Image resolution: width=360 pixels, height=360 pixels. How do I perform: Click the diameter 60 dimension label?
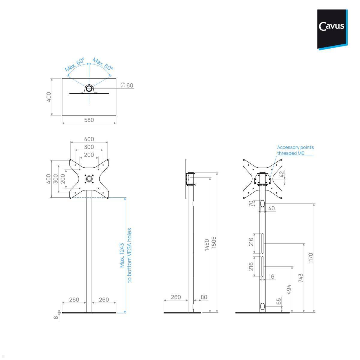pyautogui.click(x=127, y=85)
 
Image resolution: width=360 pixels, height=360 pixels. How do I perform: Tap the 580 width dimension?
pyautogui.click(x=89, y=120)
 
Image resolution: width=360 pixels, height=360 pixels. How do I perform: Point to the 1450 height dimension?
pyautogui.click(x=207, y=245)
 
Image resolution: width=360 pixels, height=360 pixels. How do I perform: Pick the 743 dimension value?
pyautogui.click(x=301, y=278)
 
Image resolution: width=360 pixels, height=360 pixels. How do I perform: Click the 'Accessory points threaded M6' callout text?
pyautogui.click(x=295, y=150)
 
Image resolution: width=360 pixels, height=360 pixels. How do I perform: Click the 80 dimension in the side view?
pyautogui.click(x=204, y=297)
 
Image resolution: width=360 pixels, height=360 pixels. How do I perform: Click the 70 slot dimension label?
pyautogui.click(x=251, y=204)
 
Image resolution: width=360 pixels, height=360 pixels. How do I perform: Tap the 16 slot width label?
pyautogui.click(x=271, y=277)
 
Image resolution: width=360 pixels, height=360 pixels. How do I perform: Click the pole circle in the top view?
pyautogui.click(x=89, y=88)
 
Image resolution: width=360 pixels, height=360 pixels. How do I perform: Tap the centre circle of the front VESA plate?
pyautogui.click(x=89, y=179)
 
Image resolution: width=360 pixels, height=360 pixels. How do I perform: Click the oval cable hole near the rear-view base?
pyautogui.click(x=262, y=307)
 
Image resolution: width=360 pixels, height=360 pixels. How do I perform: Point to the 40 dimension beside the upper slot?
pyautogui.click(x=271, y=208)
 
